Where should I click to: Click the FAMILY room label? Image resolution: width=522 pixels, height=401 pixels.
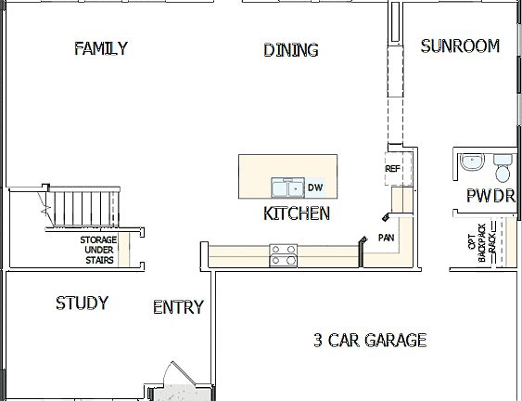(x=101, y=48)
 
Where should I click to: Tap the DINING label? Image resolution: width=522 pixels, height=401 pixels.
(x=290, y=50)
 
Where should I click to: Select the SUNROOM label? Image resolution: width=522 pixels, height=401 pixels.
(x=460, y=45)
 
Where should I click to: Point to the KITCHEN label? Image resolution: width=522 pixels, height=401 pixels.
(x=297, y=213)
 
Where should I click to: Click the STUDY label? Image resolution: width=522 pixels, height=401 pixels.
(x=82, y=304)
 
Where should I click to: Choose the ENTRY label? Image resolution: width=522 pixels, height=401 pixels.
(x=178, y=307)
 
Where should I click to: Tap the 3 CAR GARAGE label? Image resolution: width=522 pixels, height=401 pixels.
(x=369, y=340)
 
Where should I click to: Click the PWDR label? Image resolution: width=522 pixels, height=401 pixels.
(x=490, y=197)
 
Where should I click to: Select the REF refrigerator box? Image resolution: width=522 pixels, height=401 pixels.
(x=393, y=169)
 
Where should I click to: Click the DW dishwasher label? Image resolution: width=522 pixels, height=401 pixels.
(x=315, y=188)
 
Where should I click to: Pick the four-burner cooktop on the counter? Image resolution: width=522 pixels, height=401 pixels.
(x=283, y=254)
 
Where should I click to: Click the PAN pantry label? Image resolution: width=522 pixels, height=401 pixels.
(x=386, y=238)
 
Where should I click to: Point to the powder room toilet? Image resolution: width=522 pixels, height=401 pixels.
(x=503, y=168)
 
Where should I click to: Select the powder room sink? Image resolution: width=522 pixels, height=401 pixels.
(x=470, y=162)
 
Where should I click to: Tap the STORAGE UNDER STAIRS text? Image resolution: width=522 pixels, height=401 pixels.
(x=97, y=251)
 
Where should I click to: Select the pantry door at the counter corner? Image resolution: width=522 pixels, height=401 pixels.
(x=384, y=217)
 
